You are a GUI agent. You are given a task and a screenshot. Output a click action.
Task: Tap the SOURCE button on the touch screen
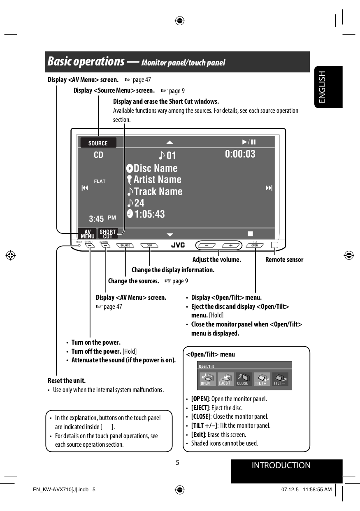(x=98, y=143)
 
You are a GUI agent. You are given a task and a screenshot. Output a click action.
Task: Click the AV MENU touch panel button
(x=87, y=234)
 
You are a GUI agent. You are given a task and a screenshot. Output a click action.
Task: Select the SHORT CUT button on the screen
(x=108, y=234)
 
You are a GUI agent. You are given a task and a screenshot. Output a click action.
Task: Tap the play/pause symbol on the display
(x=249, y=142)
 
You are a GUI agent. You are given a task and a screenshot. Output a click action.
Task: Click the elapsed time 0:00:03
(x=240, y=154)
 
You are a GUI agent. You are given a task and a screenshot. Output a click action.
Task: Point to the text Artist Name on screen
(x=157, y=180)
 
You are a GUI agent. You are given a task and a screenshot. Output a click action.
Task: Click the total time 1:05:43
(x=149, y=214)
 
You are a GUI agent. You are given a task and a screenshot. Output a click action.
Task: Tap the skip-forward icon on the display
(x=269, y=188)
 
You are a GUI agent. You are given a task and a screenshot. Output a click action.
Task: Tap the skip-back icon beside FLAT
(x=85, y=188)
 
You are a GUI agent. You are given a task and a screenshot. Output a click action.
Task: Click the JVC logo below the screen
(x=178, y=245)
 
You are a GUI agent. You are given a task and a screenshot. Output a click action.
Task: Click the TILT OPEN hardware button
(x=255, y=245)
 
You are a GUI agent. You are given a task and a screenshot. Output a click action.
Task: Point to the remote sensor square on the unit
(x=274, y=245)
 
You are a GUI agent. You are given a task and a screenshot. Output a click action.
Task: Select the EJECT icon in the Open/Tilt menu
(x=225, y=379)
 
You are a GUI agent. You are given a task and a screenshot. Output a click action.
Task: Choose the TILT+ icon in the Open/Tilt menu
(x=261, y=379)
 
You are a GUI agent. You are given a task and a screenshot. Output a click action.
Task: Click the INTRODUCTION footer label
(x=281, y=466)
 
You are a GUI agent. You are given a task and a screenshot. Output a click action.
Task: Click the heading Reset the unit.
(x=67, y=380)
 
